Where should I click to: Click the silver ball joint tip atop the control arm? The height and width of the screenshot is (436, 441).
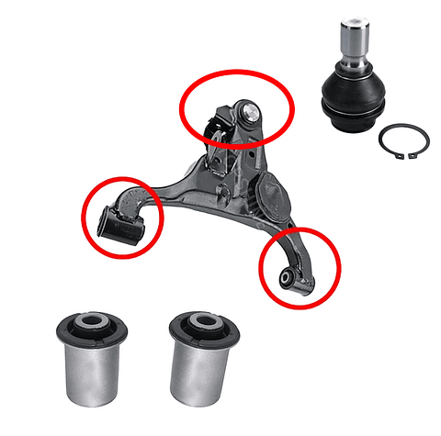[x=249, y=111]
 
